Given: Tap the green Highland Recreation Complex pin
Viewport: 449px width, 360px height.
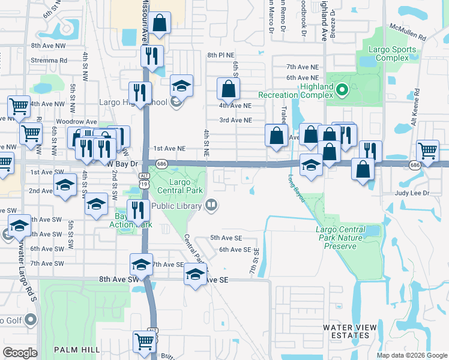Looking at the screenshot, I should [342, 91].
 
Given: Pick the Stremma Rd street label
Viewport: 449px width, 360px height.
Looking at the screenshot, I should [49, 61].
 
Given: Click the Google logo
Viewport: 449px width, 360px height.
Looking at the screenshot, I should [20, 352].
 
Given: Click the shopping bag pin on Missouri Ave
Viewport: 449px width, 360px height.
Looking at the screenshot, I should [160, 23].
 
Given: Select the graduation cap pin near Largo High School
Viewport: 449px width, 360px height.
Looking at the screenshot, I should [181, 86].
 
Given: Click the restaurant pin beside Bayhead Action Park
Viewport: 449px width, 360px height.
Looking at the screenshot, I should [138, 211].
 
